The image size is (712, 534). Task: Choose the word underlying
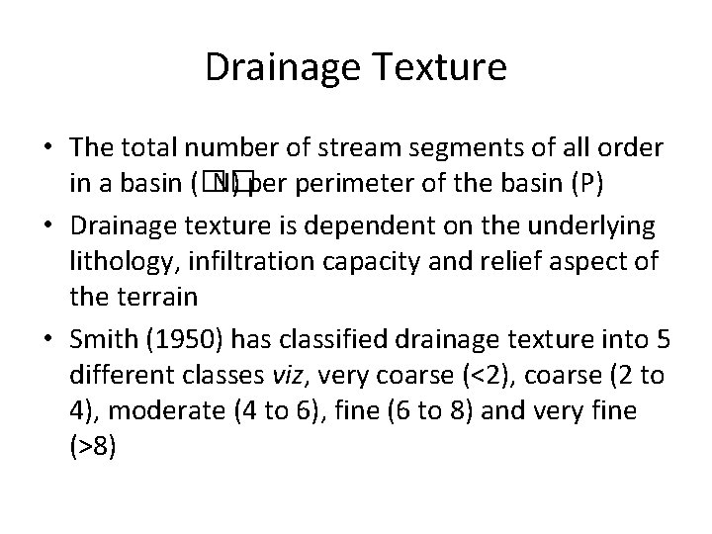(x=599, y=224)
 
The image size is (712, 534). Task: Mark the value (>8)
(x=93, y=447)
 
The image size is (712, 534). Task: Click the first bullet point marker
(x=48, y=149)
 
